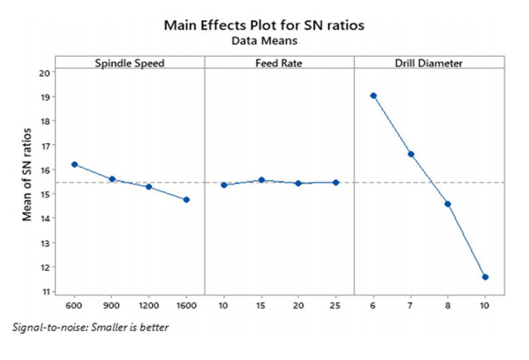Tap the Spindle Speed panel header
[130, 62]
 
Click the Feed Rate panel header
[279, 62]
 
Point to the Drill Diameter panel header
[428, 62]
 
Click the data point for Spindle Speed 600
[75, 164]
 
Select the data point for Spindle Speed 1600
[186, 200]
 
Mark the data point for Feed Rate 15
[261, 180]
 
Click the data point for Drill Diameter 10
[485, 277]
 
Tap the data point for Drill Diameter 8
[448, 204]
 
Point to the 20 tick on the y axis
[46, 73]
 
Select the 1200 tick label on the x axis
[149, 307]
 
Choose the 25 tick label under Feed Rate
[336, 307]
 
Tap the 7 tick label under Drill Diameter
[411, 307]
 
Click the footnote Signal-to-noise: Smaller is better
[92, 329]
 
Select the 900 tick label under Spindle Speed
[112, 307]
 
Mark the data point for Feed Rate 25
[336, 183]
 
